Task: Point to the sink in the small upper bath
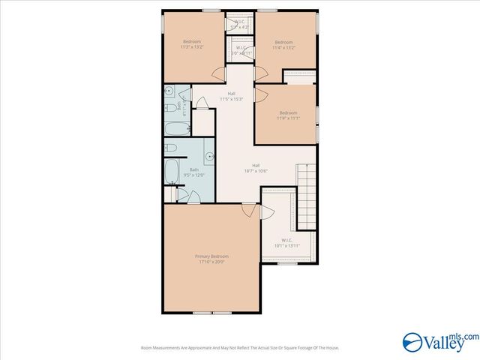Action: (x=170, y=94)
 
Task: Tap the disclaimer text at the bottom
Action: (x=240, y=347)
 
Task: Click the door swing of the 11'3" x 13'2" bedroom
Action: (x=218, y=73)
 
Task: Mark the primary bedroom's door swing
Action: (x=247, y=213)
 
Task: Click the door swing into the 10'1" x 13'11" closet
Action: (x=265, y=212)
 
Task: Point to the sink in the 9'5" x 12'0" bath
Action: (x=209, y=157)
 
